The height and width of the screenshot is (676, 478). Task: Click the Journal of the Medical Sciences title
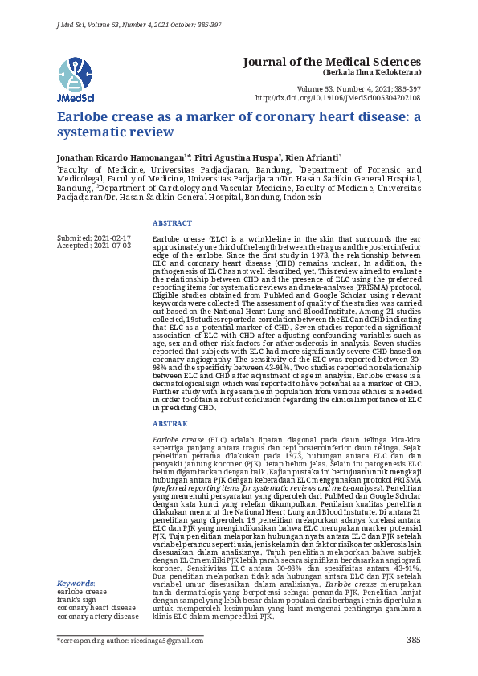pyautogui.click(x=331, y=62)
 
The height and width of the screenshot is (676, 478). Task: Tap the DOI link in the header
pyautogui.click(x=337, y=97)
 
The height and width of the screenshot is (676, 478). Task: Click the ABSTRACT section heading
pyautogui.click(x=172, y=223)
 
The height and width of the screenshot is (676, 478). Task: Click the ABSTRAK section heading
pyautogui.click(x=170, y=423)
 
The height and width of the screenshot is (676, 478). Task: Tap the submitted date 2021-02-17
pyautogui.click(x=111, y=238)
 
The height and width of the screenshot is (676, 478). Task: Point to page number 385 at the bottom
pyautogui.click(x=414, y=640)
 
